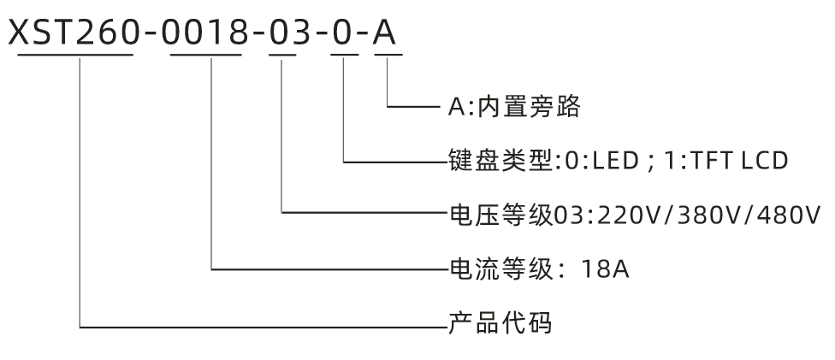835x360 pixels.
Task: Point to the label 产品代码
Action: (501, 325)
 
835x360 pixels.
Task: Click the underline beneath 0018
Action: (206, 56)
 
